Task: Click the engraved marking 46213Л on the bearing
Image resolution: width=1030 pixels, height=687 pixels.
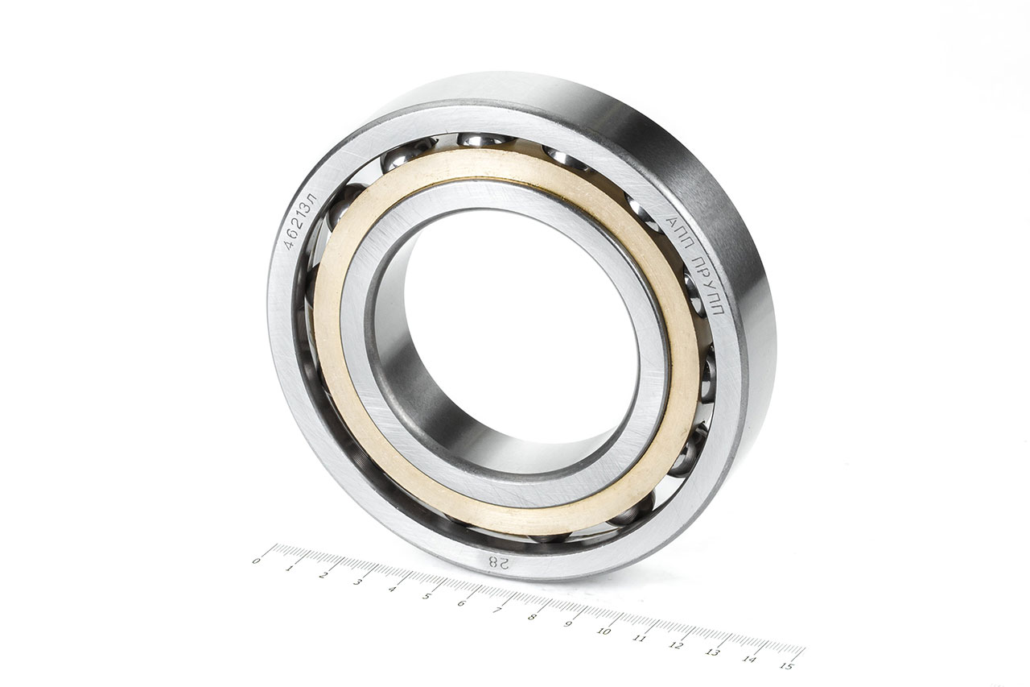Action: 301,221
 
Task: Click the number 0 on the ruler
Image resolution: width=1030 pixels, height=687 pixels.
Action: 257,561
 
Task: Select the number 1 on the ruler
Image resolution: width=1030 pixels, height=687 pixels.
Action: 289,568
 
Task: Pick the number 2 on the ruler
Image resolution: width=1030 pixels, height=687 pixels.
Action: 323,575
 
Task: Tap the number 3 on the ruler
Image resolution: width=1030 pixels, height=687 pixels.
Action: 357,582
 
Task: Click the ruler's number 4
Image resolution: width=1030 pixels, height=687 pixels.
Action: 392,589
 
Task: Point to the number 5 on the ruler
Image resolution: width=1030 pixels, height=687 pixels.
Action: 426,596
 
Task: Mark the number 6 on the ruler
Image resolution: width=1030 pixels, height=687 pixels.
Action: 462,603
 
